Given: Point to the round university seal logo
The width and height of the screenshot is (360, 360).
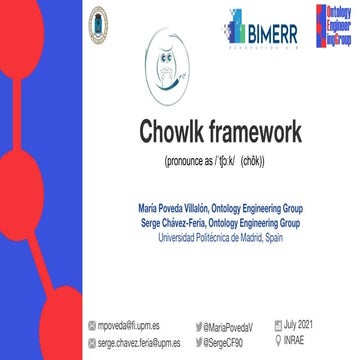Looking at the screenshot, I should coord(98,20).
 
